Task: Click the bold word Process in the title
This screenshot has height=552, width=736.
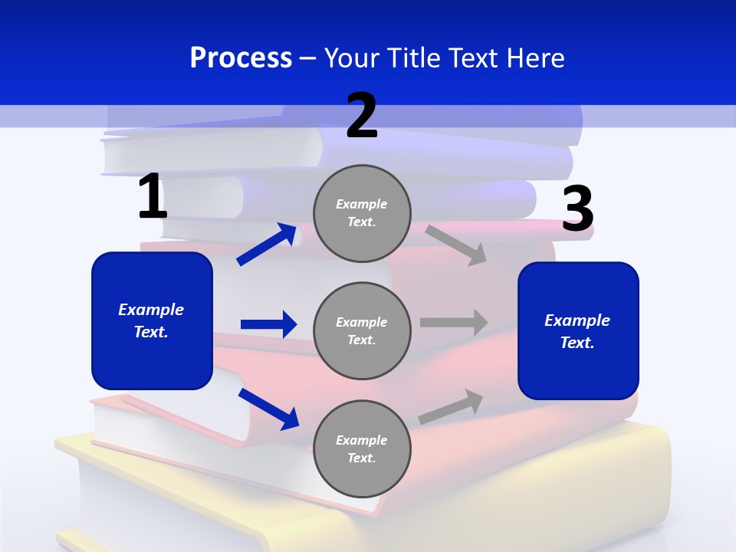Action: tap(241, 58)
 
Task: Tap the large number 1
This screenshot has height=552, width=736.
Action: tap(152, 197)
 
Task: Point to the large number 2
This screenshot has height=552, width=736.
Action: tap(362, 116)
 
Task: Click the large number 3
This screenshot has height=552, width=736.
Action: tap(577, 209)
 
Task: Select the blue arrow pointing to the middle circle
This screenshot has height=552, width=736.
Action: tap(268, 324)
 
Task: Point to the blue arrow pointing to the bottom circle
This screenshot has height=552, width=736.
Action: tap(268, 409)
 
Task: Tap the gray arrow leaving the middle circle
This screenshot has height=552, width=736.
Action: tap(454, 323)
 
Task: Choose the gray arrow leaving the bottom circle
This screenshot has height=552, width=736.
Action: tap(452, 407)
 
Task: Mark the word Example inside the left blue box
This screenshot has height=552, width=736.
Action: tap(151, 310)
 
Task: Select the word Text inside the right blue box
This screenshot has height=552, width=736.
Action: tap(577, 343)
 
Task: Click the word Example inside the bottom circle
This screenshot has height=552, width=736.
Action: tap(362, 440)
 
